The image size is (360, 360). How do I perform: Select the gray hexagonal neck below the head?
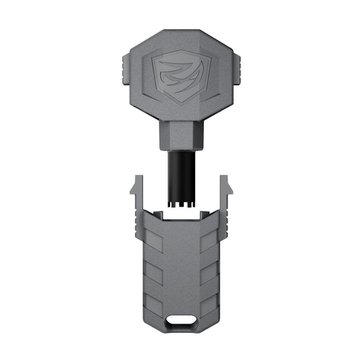(180, 135)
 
